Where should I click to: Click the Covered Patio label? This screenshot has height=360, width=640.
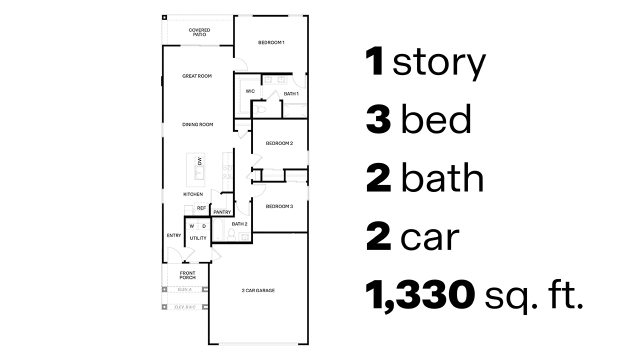(x=199, y=32)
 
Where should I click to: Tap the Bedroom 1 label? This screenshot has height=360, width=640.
(x=271, y=42)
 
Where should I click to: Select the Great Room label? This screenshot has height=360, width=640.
(x=197, y=76)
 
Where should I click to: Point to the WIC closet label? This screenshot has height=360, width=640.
(x=250, y=91)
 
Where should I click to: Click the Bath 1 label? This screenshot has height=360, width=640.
(x=291, y=94)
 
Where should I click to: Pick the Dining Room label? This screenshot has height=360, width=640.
(x=197, y=124)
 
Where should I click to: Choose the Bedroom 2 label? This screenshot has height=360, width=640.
(x=279, y=143)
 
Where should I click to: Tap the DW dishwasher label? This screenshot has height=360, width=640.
(x=199, y=161)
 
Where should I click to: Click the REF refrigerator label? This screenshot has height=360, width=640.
(x=201, y=208)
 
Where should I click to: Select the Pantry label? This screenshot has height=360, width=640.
(x=222, y=212)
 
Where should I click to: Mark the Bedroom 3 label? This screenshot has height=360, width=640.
(x=279, y=206)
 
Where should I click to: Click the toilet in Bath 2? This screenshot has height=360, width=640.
(x=232, y=234)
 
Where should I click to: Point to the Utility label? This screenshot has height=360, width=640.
(x=198, y=238)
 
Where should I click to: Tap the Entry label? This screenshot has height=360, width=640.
(x=174, y=235)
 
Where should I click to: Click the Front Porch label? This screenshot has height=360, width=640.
(x=187, y=275)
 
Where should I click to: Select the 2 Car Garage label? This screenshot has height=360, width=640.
(x=258, y=290)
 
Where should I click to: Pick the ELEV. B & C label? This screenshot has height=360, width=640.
(x=184, y=307)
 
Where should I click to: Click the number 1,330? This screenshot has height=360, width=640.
(x=420, y=295)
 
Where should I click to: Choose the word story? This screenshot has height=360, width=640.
(x=439, y=63)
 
